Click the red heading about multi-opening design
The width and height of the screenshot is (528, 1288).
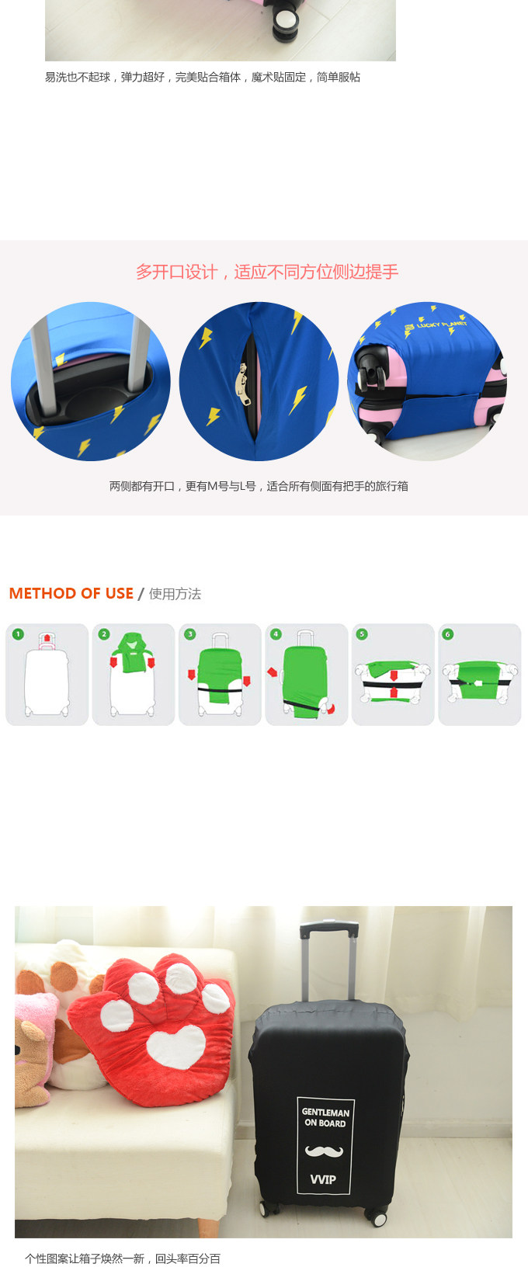pos(267,272)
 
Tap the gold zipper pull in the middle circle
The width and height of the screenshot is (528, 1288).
pos(243,383)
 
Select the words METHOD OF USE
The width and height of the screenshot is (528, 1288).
pos(71,593)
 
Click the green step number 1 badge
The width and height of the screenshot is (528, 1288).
pos(18,634)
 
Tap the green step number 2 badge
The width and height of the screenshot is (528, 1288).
pos(103,634)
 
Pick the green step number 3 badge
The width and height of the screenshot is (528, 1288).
pos(189,634)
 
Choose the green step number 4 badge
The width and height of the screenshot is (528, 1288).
pos(276,634)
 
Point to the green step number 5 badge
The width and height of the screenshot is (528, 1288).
pos(362,634)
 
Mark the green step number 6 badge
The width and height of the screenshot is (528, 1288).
pos(448,634)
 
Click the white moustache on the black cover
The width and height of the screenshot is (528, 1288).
pos(324,1151)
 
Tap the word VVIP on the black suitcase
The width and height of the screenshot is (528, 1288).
pos(323,1179)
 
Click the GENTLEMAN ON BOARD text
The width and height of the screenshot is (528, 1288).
pos(325,1117)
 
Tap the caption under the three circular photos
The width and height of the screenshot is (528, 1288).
pos(259,487)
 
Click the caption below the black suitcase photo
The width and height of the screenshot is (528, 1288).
pos(123,1258)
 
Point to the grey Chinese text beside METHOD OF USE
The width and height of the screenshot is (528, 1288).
pos(175,594)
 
